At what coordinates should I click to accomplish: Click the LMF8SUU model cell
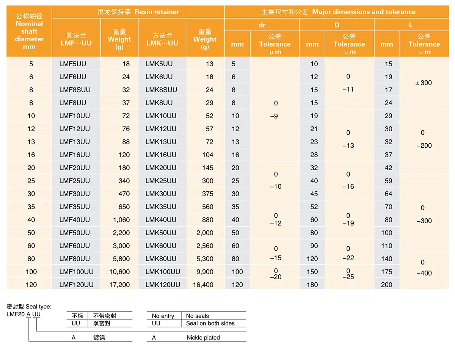pos(75,90)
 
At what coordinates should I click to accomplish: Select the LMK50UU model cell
pos(161,233)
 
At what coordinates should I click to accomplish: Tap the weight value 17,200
pos(119,285)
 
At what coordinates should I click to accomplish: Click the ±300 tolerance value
pos(424,83)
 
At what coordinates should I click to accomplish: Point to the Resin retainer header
pos(138,12)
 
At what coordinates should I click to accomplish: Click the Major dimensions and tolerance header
pos(338,12)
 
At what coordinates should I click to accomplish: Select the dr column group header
pos(262,25)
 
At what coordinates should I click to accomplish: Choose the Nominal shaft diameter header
pos(29,31)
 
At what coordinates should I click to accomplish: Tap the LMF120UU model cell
pos(77,285)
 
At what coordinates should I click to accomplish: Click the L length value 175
pos(387,272)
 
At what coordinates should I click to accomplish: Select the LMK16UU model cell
pos(161,155)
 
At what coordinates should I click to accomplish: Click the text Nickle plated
pos(203,338)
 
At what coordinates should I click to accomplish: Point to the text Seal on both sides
pos(210,323)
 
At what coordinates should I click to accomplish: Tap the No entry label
pos(163,316)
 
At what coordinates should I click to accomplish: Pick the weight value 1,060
pos(121,220)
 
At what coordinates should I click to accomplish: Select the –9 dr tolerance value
pos(274,116)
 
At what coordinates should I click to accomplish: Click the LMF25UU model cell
pos(75,181)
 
